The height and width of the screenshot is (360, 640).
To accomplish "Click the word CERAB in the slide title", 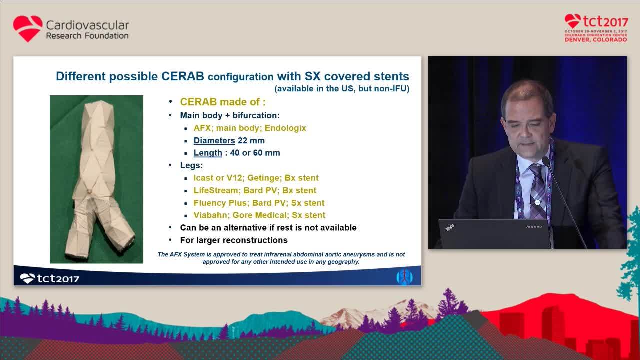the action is tap(183, 76).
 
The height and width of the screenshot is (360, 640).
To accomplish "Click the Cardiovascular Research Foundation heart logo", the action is tap(28, 29).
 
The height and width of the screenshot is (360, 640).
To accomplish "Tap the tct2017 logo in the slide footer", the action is tap(49, 278).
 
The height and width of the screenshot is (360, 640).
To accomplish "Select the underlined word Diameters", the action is tap(214, 140).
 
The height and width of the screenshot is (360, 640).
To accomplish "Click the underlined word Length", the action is tap(208, 153).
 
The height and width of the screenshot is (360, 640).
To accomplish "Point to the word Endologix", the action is tap(285, 128).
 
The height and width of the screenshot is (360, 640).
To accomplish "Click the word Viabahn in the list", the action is tap(211, 215).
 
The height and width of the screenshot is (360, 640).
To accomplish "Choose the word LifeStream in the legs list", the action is tap(216, 190).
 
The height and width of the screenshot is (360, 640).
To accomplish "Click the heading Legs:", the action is tap(191, 165).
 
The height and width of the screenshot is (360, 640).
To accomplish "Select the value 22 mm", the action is tap(251, 140).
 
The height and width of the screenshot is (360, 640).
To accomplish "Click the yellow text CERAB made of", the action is tap(223, 102).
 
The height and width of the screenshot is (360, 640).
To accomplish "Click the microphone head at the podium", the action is tap(546, 161).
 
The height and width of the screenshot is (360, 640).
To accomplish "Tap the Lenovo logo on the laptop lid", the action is tap(534, 227).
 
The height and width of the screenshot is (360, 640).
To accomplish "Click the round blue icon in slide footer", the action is tap(404, 277).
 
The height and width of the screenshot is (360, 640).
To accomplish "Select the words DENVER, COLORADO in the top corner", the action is tap(596, 40).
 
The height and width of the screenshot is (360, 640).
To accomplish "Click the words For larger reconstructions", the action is tap(234, 240).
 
